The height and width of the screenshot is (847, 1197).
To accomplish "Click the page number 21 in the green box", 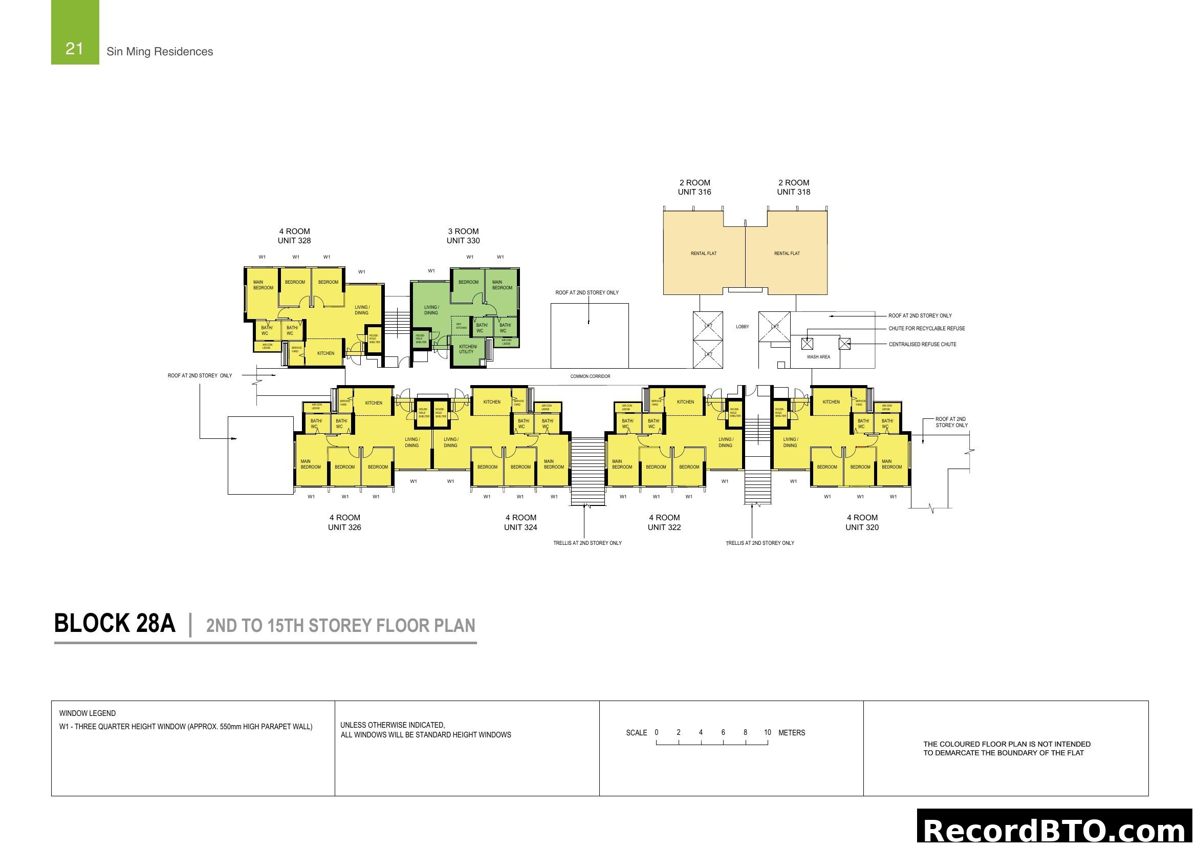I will click(75, 49).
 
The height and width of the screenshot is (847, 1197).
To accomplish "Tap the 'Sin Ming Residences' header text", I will click(160, 52).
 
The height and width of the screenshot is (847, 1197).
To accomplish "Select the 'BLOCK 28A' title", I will click(115, 623).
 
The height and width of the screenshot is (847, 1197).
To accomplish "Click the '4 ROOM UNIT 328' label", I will click(294, 236).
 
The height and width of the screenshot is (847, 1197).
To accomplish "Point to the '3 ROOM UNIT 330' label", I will click(463, 236).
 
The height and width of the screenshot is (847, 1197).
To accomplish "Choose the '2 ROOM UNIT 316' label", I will click(694, 187).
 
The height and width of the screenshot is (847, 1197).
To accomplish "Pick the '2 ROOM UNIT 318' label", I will click(794, 187).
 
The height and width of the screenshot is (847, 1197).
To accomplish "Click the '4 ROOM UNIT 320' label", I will click(862, 522).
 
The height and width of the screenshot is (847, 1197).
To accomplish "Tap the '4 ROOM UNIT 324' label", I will click(520, 522).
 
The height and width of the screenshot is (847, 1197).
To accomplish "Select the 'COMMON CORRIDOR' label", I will click(590, 376).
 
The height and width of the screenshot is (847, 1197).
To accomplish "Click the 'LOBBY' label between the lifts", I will click(743, 327).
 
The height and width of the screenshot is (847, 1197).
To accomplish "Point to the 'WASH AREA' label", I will click(818, 357).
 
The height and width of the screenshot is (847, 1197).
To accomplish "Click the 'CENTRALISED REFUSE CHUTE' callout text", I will click(922, 344).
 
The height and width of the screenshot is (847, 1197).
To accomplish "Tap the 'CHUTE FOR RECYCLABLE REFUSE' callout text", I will click(926, 329).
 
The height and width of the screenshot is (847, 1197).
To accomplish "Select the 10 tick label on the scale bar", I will click(768, 732).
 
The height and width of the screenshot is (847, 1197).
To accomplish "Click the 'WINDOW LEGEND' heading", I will click(88, 713).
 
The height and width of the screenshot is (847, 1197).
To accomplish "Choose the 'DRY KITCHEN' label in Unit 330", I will click(461, 326).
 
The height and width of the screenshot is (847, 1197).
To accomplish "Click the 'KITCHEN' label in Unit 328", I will click(326, 353).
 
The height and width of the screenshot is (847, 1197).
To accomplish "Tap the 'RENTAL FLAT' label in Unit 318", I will click(787, 253).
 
